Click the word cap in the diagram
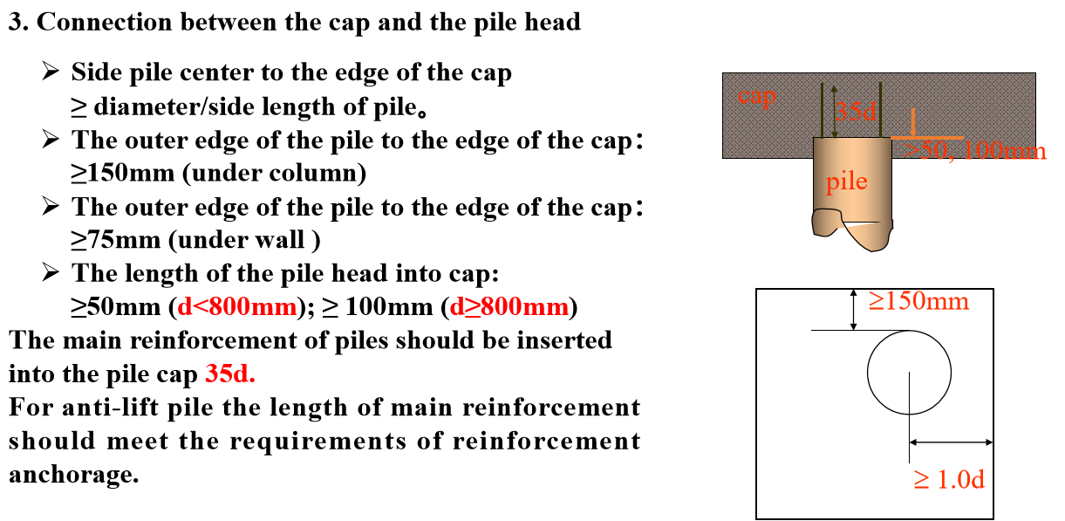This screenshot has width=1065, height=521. pos(756,95)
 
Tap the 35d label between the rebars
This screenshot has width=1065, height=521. pos(857,111)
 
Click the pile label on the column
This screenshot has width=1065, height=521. pos(846,182)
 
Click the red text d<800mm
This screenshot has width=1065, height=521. pos(236,307)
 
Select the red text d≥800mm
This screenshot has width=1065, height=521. pos(509,307)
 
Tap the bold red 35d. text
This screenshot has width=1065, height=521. pos(229,374)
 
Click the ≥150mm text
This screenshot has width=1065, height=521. pos(918,301)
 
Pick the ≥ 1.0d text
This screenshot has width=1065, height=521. pos(949,479)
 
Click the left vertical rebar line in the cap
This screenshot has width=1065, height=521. pos(822,109)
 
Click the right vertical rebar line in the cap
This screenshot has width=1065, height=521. pos(881,109)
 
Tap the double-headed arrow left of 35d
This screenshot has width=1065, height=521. pos(834,111)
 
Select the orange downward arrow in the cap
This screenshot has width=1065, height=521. pos(912,122)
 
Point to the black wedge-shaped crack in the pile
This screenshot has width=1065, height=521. pos(864,222)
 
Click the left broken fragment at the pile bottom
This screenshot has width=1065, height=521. pos(827,223)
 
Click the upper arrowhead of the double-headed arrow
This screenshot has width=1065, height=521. pos(834,89)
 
